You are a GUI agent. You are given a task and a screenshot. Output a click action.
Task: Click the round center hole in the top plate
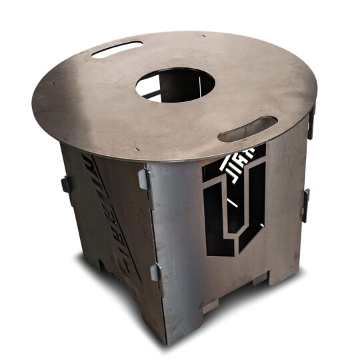click(175, 85)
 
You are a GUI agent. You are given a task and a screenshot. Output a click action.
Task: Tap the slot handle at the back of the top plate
click(117, 49)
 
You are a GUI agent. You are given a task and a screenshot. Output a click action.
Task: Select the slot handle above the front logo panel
click(247, 129)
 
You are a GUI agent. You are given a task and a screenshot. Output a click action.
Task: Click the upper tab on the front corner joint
click(143, 179)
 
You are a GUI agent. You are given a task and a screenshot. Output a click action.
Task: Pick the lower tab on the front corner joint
click(155, 273)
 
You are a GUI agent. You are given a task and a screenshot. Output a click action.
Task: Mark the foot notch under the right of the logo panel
click(261, 276)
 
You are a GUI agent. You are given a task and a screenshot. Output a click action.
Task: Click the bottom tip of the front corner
click(165, 340)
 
